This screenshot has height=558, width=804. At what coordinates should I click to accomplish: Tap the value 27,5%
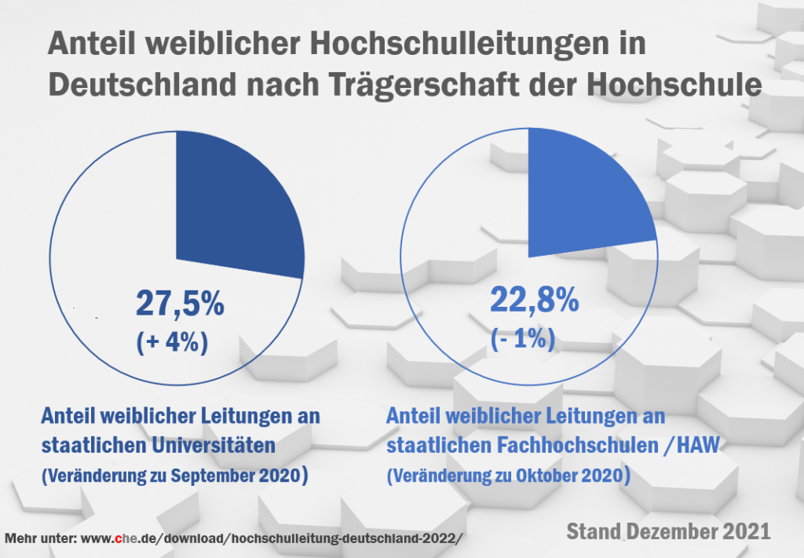pos(180,304)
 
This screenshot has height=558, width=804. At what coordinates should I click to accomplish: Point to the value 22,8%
pos(535,299)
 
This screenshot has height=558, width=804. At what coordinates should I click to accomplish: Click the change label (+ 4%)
pos(172,343)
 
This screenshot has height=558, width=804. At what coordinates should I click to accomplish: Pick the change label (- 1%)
pos(523,338)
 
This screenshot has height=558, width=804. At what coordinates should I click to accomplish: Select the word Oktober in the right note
pos(542,476)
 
